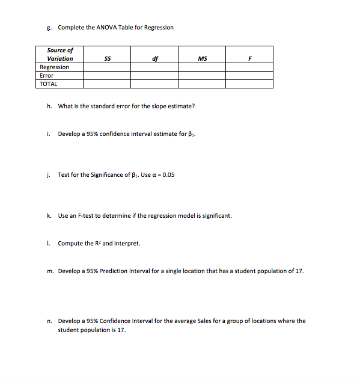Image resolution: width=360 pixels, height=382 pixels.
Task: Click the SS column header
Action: click(107, 58)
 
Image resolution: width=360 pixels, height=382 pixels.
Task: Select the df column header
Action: click(155, 58)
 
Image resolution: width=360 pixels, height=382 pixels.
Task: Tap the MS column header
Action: click(202, 58)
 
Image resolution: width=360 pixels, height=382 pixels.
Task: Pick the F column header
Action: click(249, 58)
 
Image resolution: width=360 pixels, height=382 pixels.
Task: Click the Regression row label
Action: click(54, 67)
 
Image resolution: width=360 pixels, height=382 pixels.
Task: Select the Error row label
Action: click(46, 76)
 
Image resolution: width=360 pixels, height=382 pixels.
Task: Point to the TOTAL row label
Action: click(48, 84)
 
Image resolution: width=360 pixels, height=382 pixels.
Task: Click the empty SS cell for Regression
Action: click(107, 67)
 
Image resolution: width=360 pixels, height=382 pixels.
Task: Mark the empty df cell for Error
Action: click(155, 76)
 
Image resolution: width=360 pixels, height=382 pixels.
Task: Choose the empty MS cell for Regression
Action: click(202, 67)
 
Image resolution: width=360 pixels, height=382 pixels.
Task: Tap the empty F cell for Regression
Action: click(249, 67)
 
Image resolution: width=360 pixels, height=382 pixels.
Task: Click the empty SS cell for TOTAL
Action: click(107, 84)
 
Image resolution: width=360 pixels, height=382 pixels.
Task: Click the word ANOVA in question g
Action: click(105, 27)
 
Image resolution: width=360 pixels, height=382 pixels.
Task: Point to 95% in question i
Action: click(88, 134)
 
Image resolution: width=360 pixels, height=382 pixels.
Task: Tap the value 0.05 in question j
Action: click(168, 175)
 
